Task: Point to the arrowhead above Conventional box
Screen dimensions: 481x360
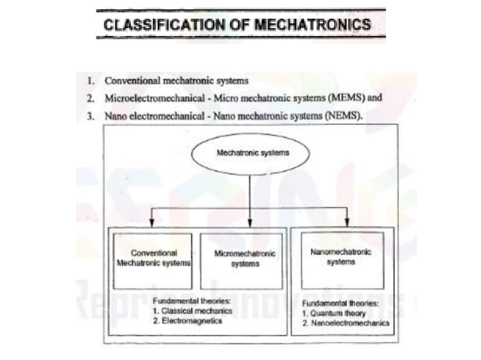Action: (153, 222)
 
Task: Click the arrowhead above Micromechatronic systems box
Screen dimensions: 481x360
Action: (250, 222)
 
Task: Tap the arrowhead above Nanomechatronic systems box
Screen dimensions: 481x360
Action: (347, 222)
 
